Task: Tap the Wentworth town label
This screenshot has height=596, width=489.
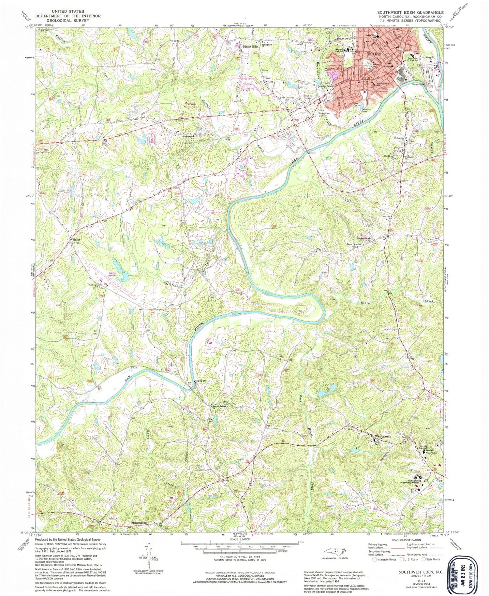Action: (x=383, y=437)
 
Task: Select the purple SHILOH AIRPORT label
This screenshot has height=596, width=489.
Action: (x=113, y=274)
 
